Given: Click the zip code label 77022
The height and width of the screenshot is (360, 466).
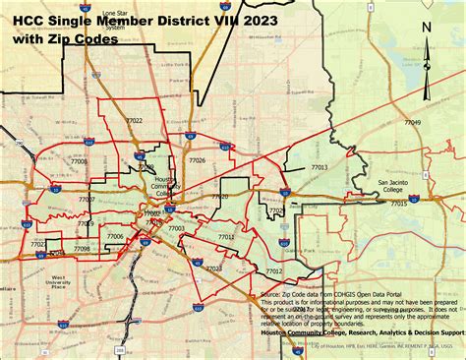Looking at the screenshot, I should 134,121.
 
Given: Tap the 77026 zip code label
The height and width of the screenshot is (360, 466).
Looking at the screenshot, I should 198,159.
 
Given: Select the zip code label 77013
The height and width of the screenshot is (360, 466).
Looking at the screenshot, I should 319,168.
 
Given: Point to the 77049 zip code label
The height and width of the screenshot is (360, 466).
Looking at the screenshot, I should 412,122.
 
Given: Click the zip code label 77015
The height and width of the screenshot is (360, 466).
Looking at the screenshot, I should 398,203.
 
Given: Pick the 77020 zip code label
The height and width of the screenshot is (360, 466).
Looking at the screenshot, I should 220,197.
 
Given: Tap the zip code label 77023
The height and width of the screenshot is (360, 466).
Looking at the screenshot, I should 214,268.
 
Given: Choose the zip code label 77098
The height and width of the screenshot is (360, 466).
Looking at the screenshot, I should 82,249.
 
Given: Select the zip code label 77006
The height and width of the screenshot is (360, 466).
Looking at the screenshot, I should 116,236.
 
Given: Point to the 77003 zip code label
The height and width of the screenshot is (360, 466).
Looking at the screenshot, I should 176,228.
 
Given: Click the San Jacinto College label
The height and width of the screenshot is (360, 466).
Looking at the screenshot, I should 398,185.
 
